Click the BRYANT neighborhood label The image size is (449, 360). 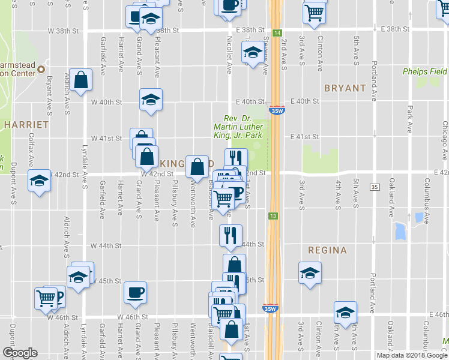(345, 88)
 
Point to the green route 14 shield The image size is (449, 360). (277, 33)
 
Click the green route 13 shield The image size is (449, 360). (273, 216)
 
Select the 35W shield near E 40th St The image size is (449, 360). (277, 111)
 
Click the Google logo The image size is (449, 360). (19, 353)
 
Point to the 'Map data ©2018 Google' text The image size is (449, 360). (412, 355)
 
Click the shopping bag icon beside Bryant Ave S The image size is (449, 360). (80, 80)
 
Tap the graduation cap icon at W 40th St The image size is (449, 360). (151, 99)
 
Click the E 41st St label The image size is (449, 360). (303, 137)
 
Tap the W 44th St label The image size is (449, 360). (106, 246)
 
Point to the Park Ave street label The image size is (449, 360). (410, 119)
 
